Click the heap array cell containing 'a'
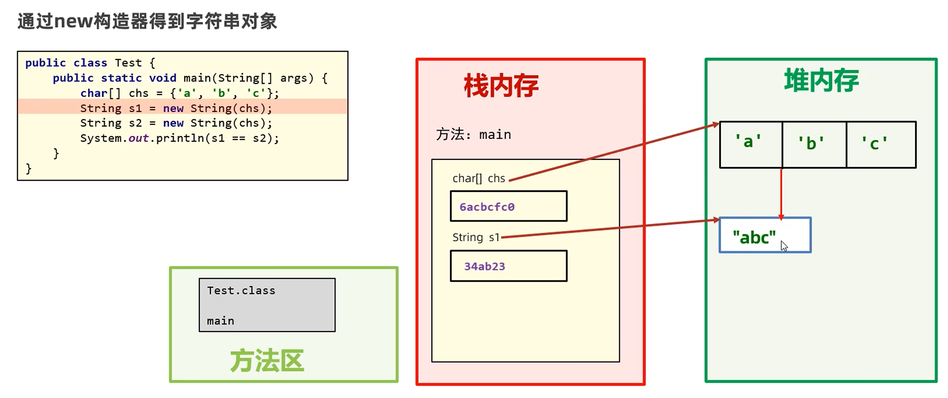tap(751, 144)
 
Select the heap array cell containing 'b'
tap(814, 144)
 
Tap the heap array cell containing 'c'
tap(881, 144)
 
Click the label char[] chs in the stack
tap(479, 178)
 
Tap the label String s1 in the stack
tap(476, 237)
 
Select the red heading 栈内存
tap(501, 86)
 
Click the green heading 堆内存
tap(821, 80)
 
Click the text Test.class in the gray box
tap(241, 290)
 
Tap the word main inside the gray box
tap(220, 321)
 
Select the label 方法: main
tap(473, 135)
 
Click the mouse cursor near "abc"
tap(784, 246)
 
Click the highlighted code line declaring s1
tap(176, 108)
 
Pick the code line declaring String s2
tap(176, 123)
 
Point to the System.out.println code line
tap(180, 138)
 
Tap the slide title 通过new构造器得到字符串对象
tap(147, 21)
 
